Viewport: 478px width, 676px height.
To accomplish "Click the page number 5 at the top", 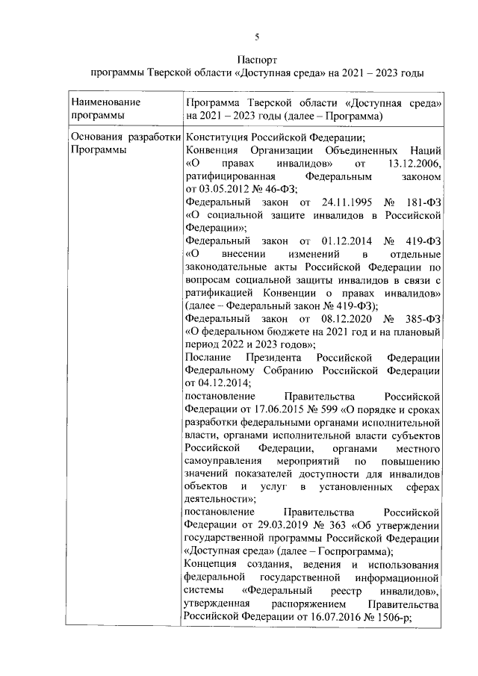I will click(x=258, y=37).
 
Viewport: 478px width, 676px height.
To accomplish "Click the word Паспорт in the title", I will click(x=258, y=58).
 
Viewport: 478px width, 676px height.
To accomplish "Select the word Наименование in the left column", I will click(x=105, y=102).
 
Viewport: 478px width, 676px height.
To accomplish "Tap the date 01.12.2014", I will click(x=337, y=241).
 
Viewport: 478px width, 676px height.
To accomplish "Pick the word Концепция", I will click(x=214, y=564).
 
